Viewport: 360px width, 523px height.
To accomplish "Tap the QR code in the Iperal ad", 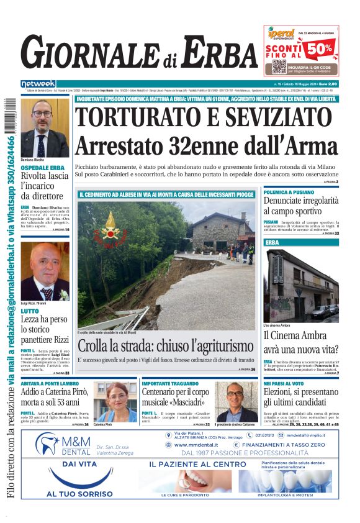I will coord(279,66).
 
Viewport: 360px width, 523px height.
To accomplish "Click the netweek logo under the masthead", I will coord(38,83).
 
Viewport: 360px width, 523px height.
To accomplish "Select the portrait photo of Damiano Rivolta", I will coord(45,127).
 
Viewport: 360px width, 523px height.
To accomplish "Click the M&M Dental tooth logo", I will coord(48,445).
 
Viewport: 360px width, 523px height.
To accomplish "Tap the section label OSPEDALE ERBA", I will coord(42,168).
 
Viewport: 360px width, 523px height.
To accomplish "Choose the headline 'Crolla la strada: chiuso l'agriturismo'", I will coord(166,346).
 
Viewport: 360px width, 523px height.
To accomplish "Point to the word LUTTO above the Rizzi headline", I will coord(30,311).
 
